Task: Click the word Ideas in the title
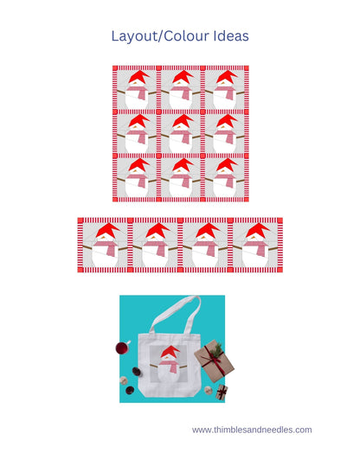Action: pyautogui.click(x=228, y=36)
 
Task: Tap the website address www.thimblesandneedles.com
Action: pyautogui.click(x=252, y=430)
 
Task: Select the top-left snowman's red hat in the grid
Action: pyautogui.click(x=138, y=78)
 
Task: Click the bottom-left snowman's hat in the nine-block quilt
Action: pyautogui.click(x=138, y=164)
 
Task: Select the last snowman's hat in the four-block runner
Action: pyautogui.click(x=258, y=230)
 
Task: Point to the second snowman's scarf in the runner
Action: pyautogui.click(x=154, y=248)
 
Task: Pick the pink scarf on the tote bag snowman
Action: pyautogui.click(x=171, y=367)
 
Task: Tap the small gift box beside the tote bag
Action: pyautogui.click(x=221, y=392)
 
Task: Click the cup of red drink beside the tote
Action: pyautogui.click(x=122, y=348)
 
